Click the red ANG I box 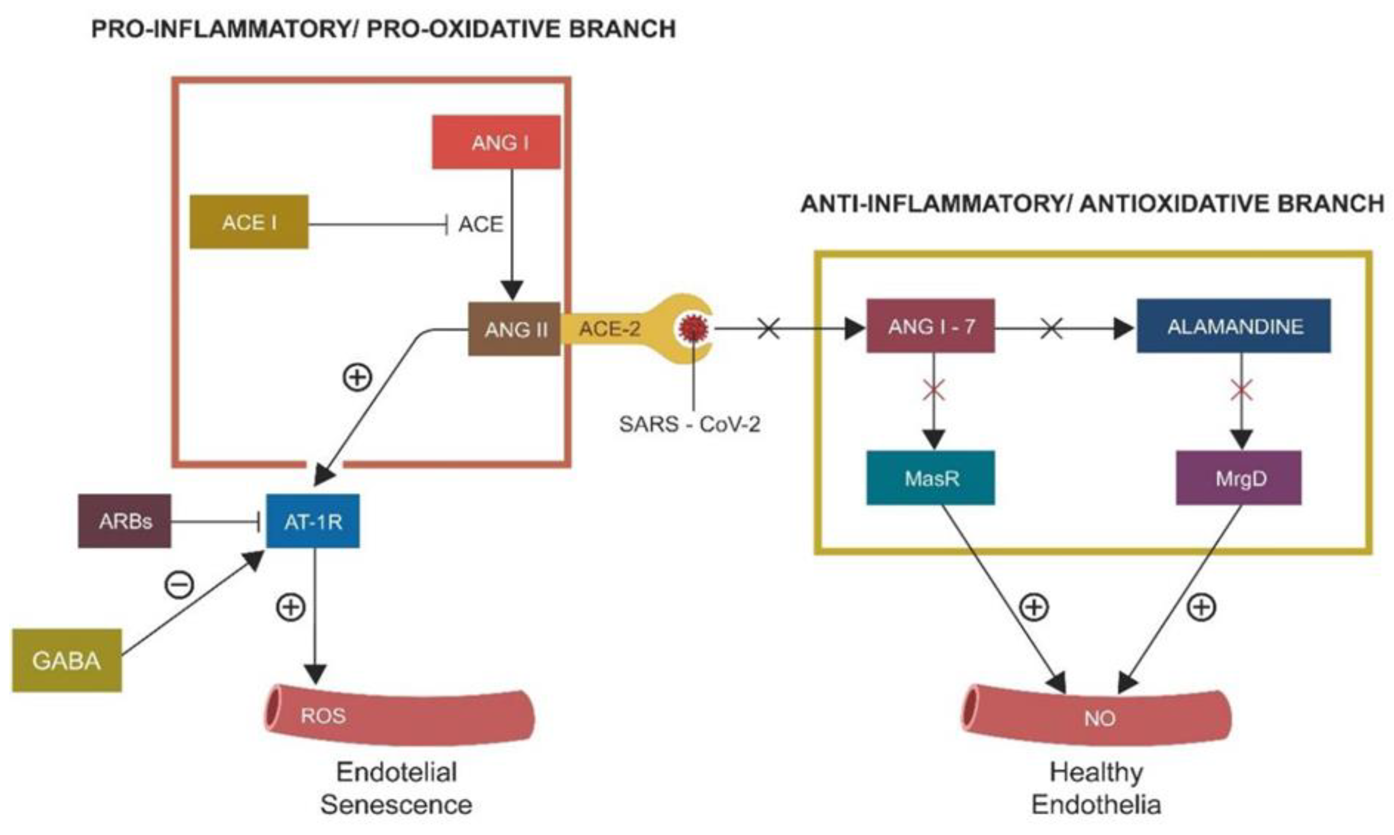(496, 142)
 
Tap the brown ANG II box (514, 329)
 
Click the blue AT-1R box (313, 521)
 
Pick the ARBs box (125, 521)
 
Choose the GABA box (67, 660)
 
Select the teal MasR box (931, 478)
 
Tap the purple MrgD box (1239, 478)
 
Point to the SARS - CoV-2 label (690, 424)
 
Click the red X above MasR (934, 390)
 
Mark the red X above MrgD (1241, 390)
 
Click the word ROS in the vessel (323, 716)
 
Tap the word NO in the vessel (1100, 718)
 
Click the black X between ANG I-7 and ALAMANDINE (1051, 329)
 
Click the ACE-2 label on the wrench (610, 329)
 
